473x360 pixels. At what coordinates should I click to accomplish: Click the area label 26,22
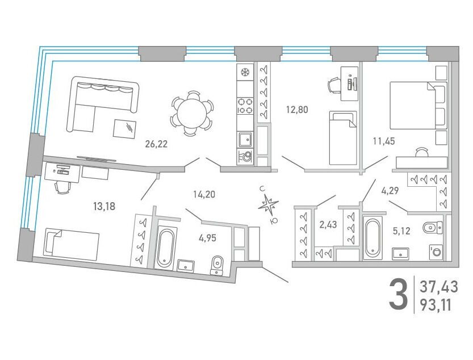coord(156,144)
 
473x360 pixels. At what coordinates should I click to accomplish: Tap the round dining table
coord(192,114)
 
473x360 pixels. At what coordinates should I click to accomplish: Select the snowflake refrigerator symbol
coord(245,72)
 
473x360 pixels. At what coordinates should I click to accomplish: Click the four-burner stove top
coord(245,106)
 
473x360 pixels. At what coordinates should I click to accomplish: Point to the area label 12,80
coord(297,109)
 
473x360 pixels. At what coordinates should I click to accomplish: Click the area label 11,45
coord(384,141)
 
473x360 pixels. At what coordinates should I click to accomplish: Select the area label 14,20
coord(204,195)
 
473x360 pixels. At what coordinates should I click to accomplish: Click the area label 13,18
coord(104,207)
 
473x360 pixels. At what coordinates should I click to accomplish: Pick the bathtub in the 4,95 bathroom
coord(166,249)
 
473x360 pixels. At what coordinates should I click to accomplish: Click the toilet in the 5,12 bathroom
coord(432,227)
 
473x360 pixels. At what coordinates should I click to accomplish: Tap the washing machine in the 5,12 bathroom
coord(436,252)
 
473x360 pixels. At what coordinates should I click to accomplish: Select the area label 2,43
coord(328,225)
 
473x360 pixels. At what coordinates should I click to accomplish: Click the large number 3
coord(398,294)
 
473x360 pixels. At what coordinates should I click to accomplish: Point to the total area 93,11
coord(436,305)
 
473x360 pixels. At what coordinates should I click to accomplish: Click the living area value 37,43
coord(439,287)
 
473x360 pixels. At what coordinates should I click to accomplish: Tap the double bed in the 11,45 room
coord(418,105)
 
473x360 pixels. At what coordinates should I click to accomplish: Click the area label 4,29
coord(390,191)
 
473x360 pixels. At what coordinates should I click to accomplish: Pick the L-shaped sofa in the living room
coord(103,103)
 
